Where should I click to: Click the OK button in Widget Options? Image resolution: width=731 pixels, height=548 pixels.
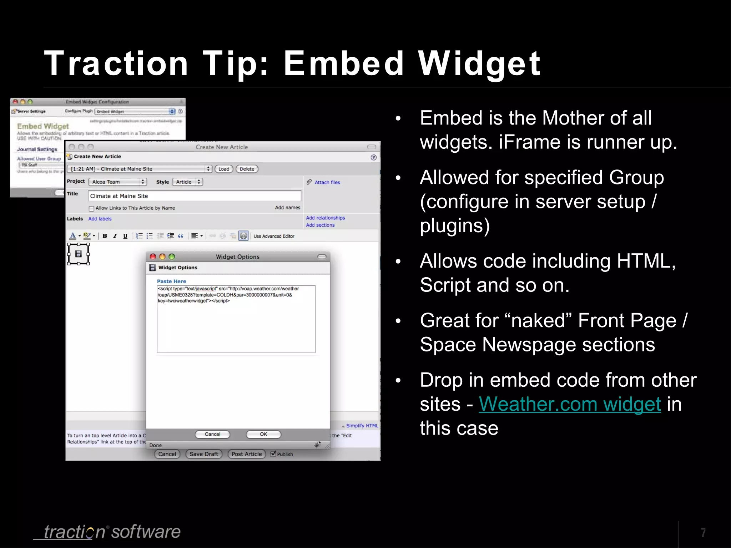263,434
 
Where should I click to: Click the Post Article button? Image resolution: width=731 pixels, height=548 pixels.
247,454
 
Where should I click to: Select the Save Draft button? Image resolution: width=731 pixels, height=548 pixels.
204,454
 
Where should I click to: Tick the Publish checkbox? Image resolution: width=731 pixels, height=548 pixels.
273,454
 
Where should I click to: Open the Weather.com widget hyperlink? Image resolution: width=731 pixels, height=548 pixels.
570,404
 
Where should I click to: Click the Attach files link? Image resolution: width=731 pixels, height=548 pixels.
327,182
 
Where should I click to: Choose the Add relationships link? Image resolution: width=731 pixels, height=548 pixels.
325,218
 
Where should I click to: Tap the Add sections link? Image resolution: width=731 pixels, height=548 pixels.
320,225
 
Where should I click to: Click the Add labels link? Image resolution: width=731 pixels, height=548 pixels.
100,219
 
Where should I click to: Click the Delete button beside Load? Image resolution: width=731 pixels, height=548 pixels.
247,169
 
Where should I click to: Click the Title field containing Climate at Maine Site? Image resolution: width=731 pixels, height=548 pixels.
195,196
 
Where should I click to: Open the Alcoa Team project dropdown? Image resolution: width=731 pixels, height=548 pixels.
117,182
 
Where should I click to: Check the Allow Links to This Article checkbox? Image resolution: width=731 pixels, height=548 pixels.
91,208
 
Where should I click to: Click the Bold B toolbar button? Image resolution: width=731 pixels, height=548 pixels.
105,236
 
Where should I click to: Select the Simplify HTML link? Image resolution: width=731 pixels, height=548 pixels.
362,426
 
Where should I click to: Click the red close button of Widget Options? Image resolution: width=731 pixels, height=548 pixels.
153,257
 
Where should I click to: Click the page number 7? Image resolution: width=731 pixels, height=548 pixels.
703,532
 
